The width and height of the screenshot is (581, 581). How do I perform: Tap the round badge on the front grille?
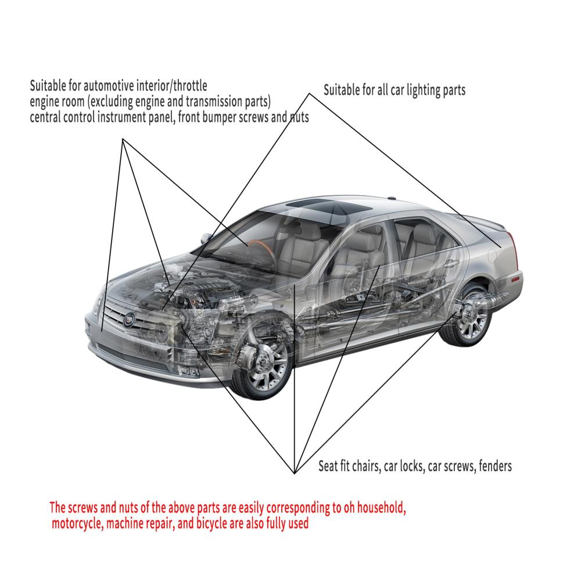tap(130, 319)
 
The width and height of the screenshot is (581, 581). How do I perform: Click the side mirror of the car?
tap(206, 238)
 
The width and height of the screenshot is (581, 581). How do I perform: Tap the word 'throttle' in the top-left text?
tap(191, 85)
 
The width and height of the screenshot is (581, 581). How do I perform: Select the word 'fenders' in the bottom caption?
tap(495, 466)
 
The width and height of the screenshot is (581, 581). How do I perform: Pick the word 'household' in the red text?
tap(382, 508)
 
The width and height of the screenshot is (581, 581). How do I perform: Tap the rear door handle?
tap(451, 263)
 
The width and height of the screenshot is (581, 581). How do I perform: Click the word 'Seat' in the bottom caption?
tap(328, 466)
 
